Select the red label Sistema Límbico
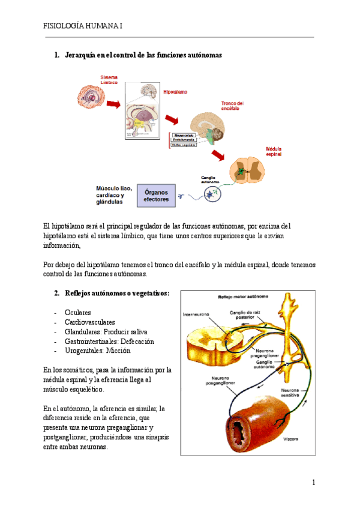click(x=109, y=79)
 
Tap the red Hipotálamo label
click(x=175, y=92)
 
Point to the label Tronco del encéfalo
click(x=232, y=106)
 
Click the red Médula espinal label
click(x=274, y=151)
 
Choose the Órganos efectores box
click(x=157, y=196)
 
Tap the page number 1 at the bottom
click(x=313, y=482)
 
